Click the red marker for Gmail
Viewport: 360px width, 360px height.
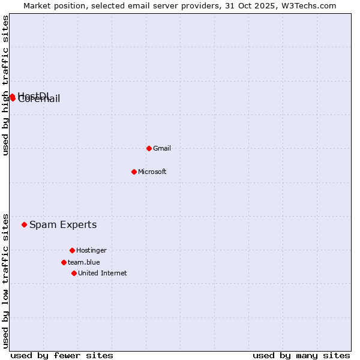149,148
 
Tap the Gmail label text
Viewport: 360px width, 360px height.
162,148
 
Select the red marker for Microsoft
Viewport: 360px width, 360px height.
134,172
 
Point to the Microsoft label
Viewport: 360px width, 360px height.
152,172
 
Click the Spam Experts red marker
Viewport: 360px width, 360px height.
25,225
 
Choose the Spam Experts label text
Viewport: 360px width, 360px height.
63,225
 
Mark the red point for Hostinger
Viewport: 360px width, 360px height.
72,250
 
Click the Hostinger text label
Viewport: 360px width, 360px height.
91,250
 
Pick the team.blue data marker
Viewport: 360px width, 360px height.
64,262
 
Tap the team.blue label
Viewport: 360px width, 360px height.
84,262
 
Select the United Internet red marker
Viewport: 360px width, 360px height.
74,273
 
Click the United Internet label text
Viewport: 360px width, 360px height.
103,273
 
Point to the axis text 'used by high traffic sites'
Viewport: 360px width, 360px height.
5,85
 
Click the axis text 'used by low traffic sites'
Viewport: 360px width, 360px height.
5,280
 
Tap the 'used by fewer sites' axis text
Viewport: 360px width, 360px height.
62,355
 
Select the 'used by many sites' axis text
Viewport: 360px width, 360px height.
301,355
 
